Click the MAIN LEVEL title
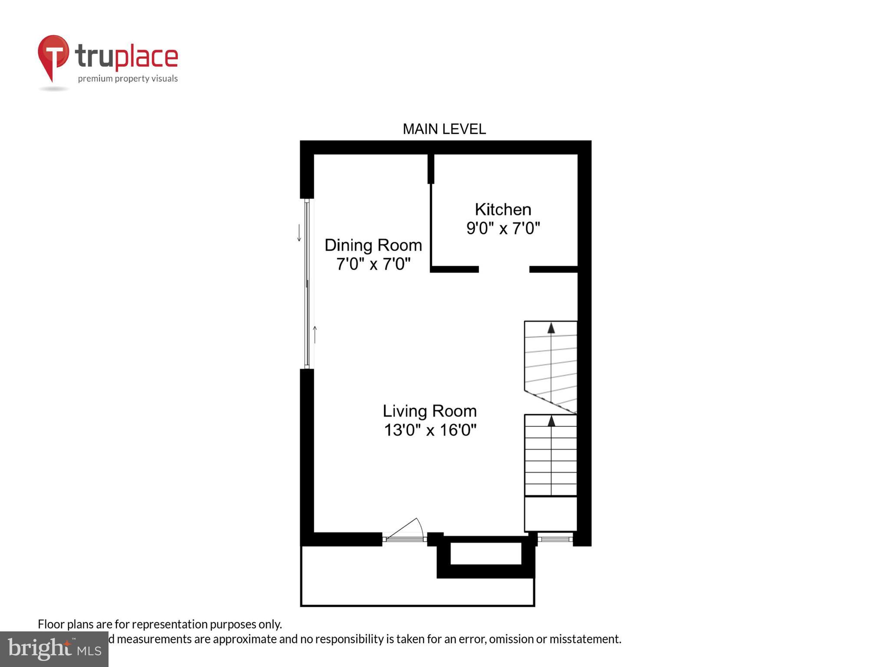444,129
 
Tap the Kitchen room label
503,210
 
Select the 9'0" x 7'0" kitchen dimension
503,228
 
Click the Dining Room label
373,245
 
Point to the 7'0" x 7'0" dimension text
373,264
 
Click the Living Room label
429,411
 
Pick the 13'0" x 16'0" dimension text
430,430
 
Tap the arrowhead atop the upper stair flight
551,328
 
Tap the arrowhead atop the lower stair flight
551,420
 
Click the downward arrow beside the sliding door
299,233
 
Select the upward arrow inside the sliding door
315,334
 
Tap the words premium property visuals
128,79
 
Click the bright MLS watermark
54,649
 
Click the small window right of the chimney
555,539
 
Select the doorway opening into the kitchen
504,269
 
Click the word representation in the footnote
170,624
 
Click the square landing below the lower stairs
550,514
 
